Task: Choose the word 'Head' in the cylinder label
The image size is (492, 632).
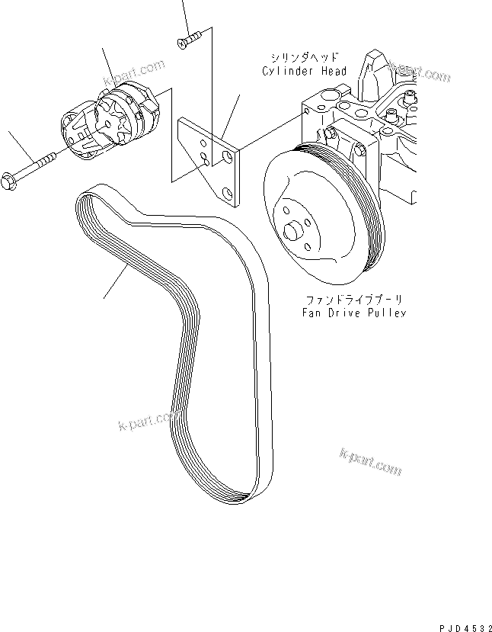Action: [334, 72]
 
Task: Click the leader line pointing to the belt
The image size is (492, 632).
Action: [114, 283]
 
